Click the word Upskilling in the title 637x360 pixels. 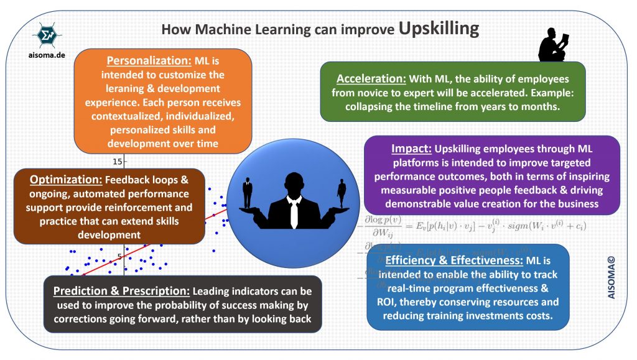tap(439, 29)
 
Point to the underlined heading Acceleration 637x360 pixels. tap(371, 80)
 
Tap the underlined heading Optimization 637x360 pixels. tap(65, 179)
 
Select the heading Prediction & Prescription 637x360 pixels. tap(121, 291)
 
